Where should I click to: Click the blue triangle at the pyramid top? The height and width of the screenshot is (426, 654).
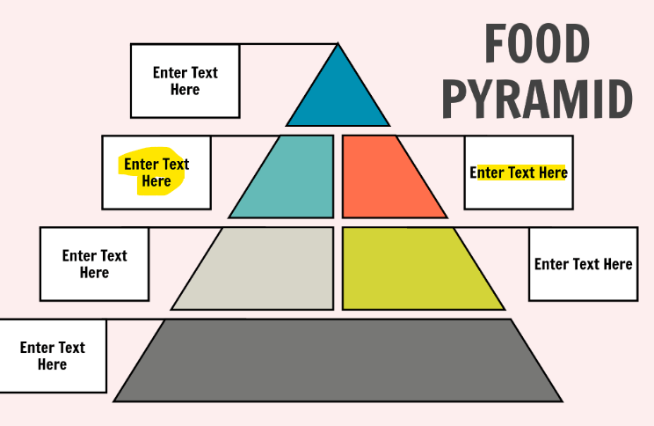[338, 97]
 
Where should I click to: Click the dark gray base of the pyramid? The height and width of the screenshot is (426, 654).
[338, 361]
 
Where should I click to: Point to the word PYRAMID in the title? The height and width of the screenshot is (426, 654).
[536, 100]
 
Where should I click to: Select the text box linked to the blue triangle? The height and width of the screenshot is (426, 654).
[185, 81]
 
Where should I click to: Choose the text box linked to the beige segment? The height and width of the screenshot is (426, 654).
[94, 264]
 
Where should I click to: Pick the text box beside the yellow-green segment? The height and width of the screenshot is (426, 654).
[583, 264]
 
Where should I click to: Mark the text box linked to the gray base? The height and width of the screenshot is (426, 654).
[53, 356]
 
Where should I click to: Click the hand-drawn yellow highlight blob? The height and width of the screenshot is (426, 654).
[155, 173]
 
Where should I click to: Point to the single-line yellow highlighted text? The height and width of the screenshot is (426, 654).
[519, 173]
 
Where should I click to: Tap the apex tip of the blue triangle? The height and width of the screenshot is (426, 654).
[338, 46]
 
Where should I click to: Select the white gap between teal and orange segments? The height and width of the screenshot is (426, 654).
[338, 176]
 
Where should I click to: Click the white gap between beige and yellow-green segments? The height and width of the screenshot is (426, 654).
[338, 268]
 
